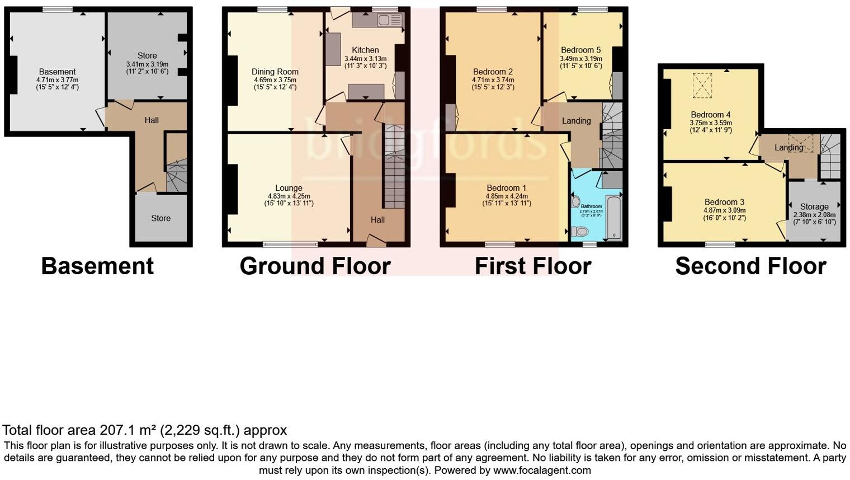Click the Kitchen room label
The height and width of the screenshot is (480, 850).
365,50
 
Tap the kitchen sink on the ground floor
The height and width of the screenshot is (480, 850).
385,21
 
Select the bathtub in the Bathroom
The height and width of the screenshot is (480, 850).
613,217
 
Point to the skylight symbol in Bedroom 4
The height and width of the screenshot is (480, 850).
702,85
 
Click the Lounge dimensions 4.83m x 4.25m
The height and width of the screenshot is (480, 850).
289,196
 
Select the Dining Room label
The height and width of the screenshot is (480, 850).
275,72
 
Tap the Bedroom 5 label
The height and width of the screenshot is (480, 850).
580,50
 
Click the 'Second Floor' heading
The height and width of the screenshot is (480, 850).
750,266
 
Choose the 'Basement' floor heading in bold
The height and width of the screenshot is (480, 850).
97,266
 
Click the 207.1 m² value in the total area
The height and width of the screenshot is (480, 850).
128,430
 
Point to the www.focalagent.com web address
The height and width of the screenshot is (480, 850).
542,470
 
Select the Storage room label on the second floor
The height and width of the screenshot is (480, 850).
814,206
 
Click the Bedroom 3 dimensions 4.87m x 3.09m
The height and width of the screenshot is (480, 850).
724,210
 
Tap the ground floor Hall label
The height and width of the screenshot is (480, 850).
377,220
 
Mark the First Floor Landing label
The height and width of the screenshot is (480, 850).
576,121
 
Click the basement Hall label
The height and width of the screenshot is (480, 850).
152,120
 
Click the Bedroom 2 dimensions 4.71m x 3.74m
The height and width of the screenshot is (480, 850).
493,80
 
